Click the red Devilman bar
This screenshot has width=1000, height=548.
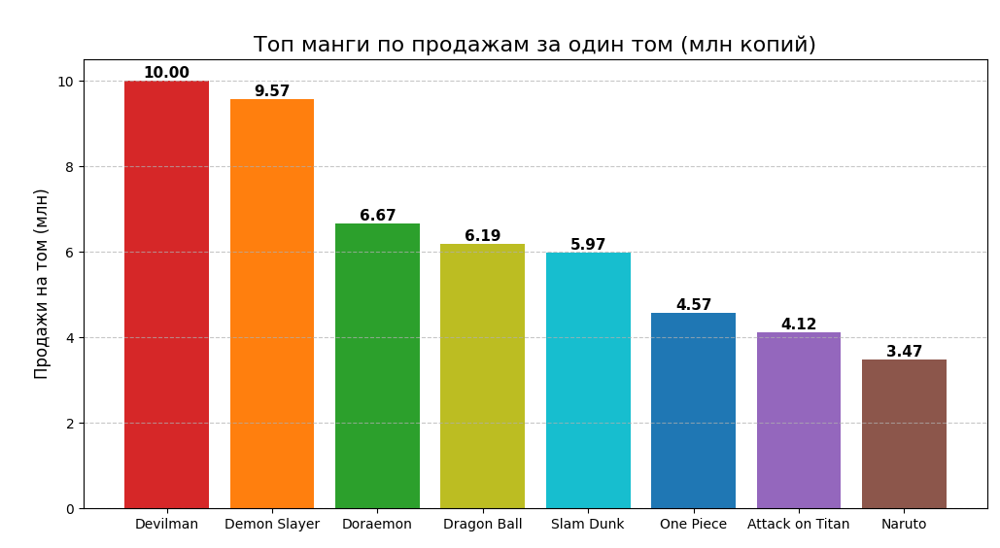tap(166, 294)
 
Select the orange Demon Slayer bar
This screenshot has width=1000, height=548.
tap(272, 303)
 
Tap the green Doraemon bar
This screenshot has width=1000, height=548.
tap(377, 365)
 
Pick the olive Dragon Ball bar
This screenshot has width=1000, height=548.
tap(482, 376)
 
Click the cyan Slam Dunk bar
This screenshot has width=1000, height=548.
tap(588, 380)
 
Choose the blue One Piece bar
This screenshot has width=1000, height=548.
tap(693, 410)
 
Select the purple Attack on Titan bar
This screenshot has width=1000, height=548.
tap(799, 420)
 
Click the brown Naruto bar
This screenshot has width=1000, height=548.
tap(904, 433)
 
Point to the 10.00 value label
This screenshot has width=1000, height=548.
tap(166, 73)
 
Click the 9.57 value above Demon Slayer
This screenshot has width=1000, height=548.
tap(272, 91)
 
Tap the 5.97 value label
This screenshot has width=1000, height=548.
tap(588, 245)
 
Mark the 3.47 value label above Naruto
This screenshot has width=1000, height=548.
tap(904, 352)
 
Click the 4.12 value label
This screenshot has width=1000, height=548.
tap(799, 325)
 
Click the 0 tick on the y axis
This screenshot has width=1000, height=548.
tap(69, 509)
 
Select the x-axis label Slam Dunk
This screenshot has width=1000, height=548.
tap(588, 525)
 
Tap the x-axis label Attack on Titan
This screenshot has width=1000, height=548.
tap(799, 525)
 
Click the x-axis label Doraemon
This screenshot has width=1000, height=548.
tap(377, 525)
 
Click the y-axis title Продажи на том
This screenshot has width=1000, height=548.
tap(42, 284)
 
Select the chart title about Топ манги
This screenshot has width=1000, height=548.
tap(534, 45)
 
